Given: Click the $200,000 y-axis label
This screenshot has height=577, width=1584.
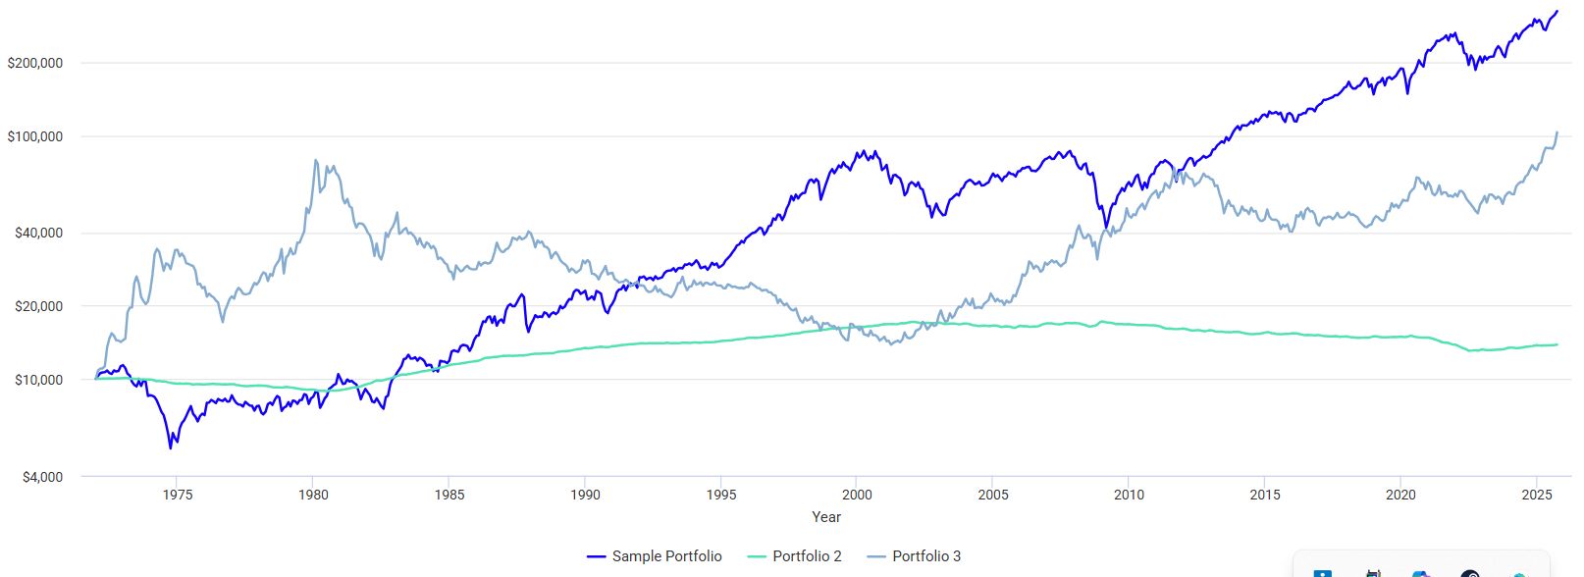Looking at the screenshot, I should (x=35, y=63).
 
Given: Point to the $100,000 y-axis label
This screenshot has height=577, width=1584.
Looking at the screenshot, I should (x=35, y=136).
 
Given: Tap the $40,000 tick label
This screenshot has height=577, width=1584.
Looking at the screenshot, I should (x=39, y=233).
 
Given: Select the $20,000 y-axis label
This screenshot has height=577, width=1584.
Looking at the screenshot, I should (x=39, y=306).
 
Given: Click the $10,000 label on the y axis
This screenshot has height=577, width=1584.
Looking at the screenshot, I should (x=39, y=380).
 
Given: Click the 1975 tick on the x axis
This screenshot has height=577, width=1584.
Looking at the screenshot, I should (x=178, y=495).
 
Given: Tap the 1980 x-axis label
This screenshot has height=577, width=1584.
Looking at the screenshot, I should (x=313, y=495).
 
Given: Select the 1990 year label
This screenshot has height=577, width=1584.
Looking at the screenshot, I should (x=586, y=495).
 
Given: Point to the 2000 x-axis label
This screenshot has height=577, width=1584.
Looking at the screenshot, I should (x=857, y=495).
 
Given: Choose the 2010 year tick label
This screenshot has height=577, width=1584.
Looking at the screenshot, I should (x=1129, y=495).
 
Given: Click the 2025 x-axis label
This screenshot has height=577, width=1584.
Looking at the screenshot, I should (x=1537, y=495).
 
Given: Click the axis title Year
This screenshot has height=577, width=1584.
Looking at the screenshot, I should (x=826, y=517).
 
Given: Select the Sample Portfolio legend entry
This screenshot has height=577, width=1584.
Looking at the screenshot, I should (x=656, y=556).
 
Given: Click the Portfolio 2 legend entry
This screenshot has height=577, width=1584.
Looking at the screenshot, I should (x=795, y=556).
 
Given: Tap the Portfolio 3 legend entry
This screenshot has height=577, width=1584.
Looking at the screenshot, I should (x=915, y=556).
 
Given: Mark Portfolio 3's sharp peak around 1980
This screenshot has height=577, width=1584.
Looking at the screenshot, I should (x=316, y=160).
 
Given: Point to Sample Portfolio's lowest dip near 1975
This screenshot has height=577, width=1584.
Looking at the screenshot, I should (x=171, y=447).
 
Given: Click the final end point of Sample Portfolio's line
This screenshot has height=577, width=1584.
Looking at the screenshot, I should (x=1557, y=12).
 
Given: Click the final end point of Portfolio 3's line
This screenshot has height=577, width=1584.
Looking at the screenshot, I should (x=1557, y=132).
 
